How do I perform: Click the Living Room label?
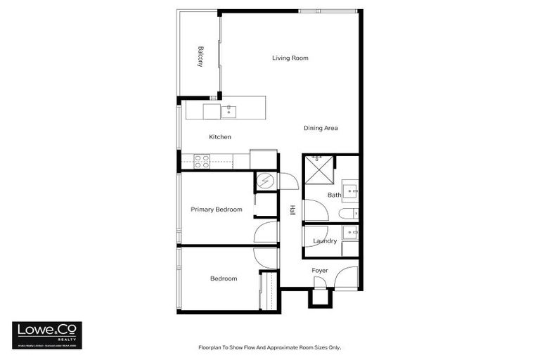coord(290,58)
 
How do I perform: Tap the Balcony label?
coord(200,56)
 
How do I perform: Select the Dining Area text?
coord(321,128)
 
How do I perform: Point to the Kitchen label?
coord(220,137)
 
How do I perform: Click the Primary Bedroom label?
coord(217,210)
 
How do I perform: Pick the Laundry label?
coord(325,241)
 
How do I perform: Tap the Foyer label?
coord(320,271)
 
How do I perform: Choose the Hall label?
coord(292,210)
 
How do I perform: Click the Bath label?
coord(334,195)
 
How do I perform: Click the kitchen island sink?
coord(229,110)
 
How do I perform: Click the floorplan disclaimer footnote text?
coord(270,347)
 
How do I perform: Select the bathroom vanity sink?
coord(349,190)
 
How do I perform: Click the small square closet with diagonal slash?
coord(266,181)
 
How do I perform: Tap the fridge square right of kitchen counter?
coord(264,159)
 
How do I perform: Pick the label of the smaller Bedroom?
coord(224,279)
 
